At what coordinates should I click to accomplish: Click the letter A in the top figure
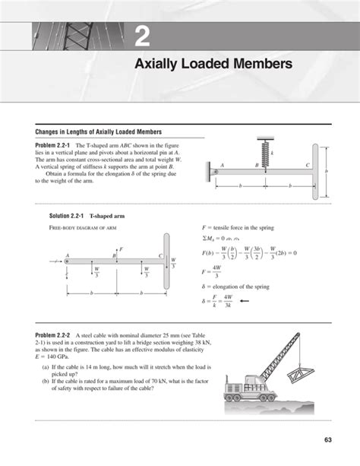pyautogui.click(x=223, y=165)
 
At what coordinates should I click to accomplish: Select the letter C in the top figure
pyautogui.click(x=308, y=165)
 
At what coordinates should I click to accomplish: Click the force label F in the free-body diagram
pyautogui.click(x=121, y=249)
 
